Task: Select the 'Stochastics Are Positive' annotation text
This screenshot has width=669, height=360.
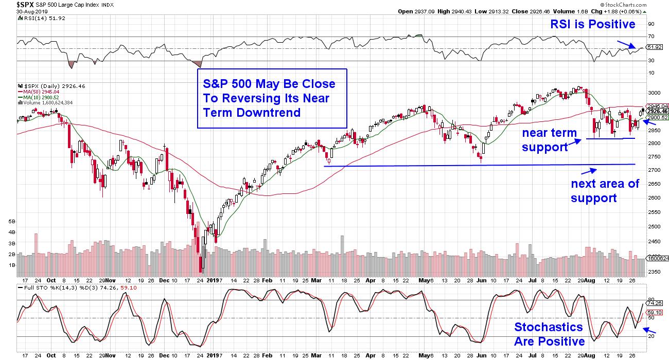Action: coord(549,334)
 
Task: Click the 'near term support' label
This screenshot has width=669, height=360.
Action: coord(548,140)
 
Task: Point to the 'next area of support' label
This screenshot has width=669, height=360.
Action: coord(605,190)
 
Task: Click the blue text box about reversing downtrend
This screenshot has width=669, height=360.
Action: coord(272,98)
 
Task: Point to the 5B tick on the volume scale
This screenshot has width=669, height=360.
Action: coord(12,222)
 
